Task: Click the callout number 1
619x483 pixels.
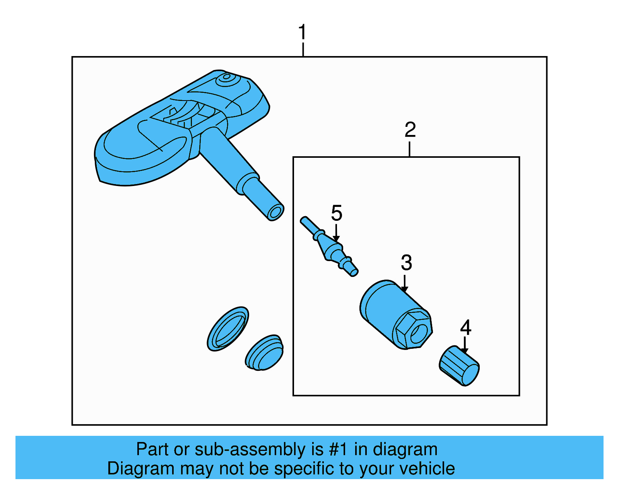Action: (x=302, y=32)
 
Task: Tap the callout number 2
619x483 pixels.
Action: (x=410, y=130)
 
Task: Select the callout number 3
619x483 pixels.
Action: (x=406, y=263)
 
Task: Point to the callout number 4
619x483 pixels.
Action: (x=465, y=327)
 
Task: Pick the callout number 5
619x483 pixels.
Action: (x=337, y=213)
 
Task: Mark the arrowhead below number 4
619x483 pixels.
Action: (x=465, y=351)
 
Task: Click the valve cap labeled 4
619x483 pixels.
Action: (x=459, y=366)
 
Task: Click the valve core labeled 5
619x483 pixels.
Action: (x=329, y=246)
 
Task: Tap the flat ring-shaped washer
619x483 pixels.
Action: (x=228, y=329)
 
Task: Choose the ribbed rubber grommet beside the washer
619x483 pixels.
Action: (x=264, y=353)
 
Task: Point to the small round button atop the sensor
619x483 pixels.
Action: (x=226, y=77)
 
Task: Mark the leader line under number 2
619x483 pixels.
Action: (x=409, y=149)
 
